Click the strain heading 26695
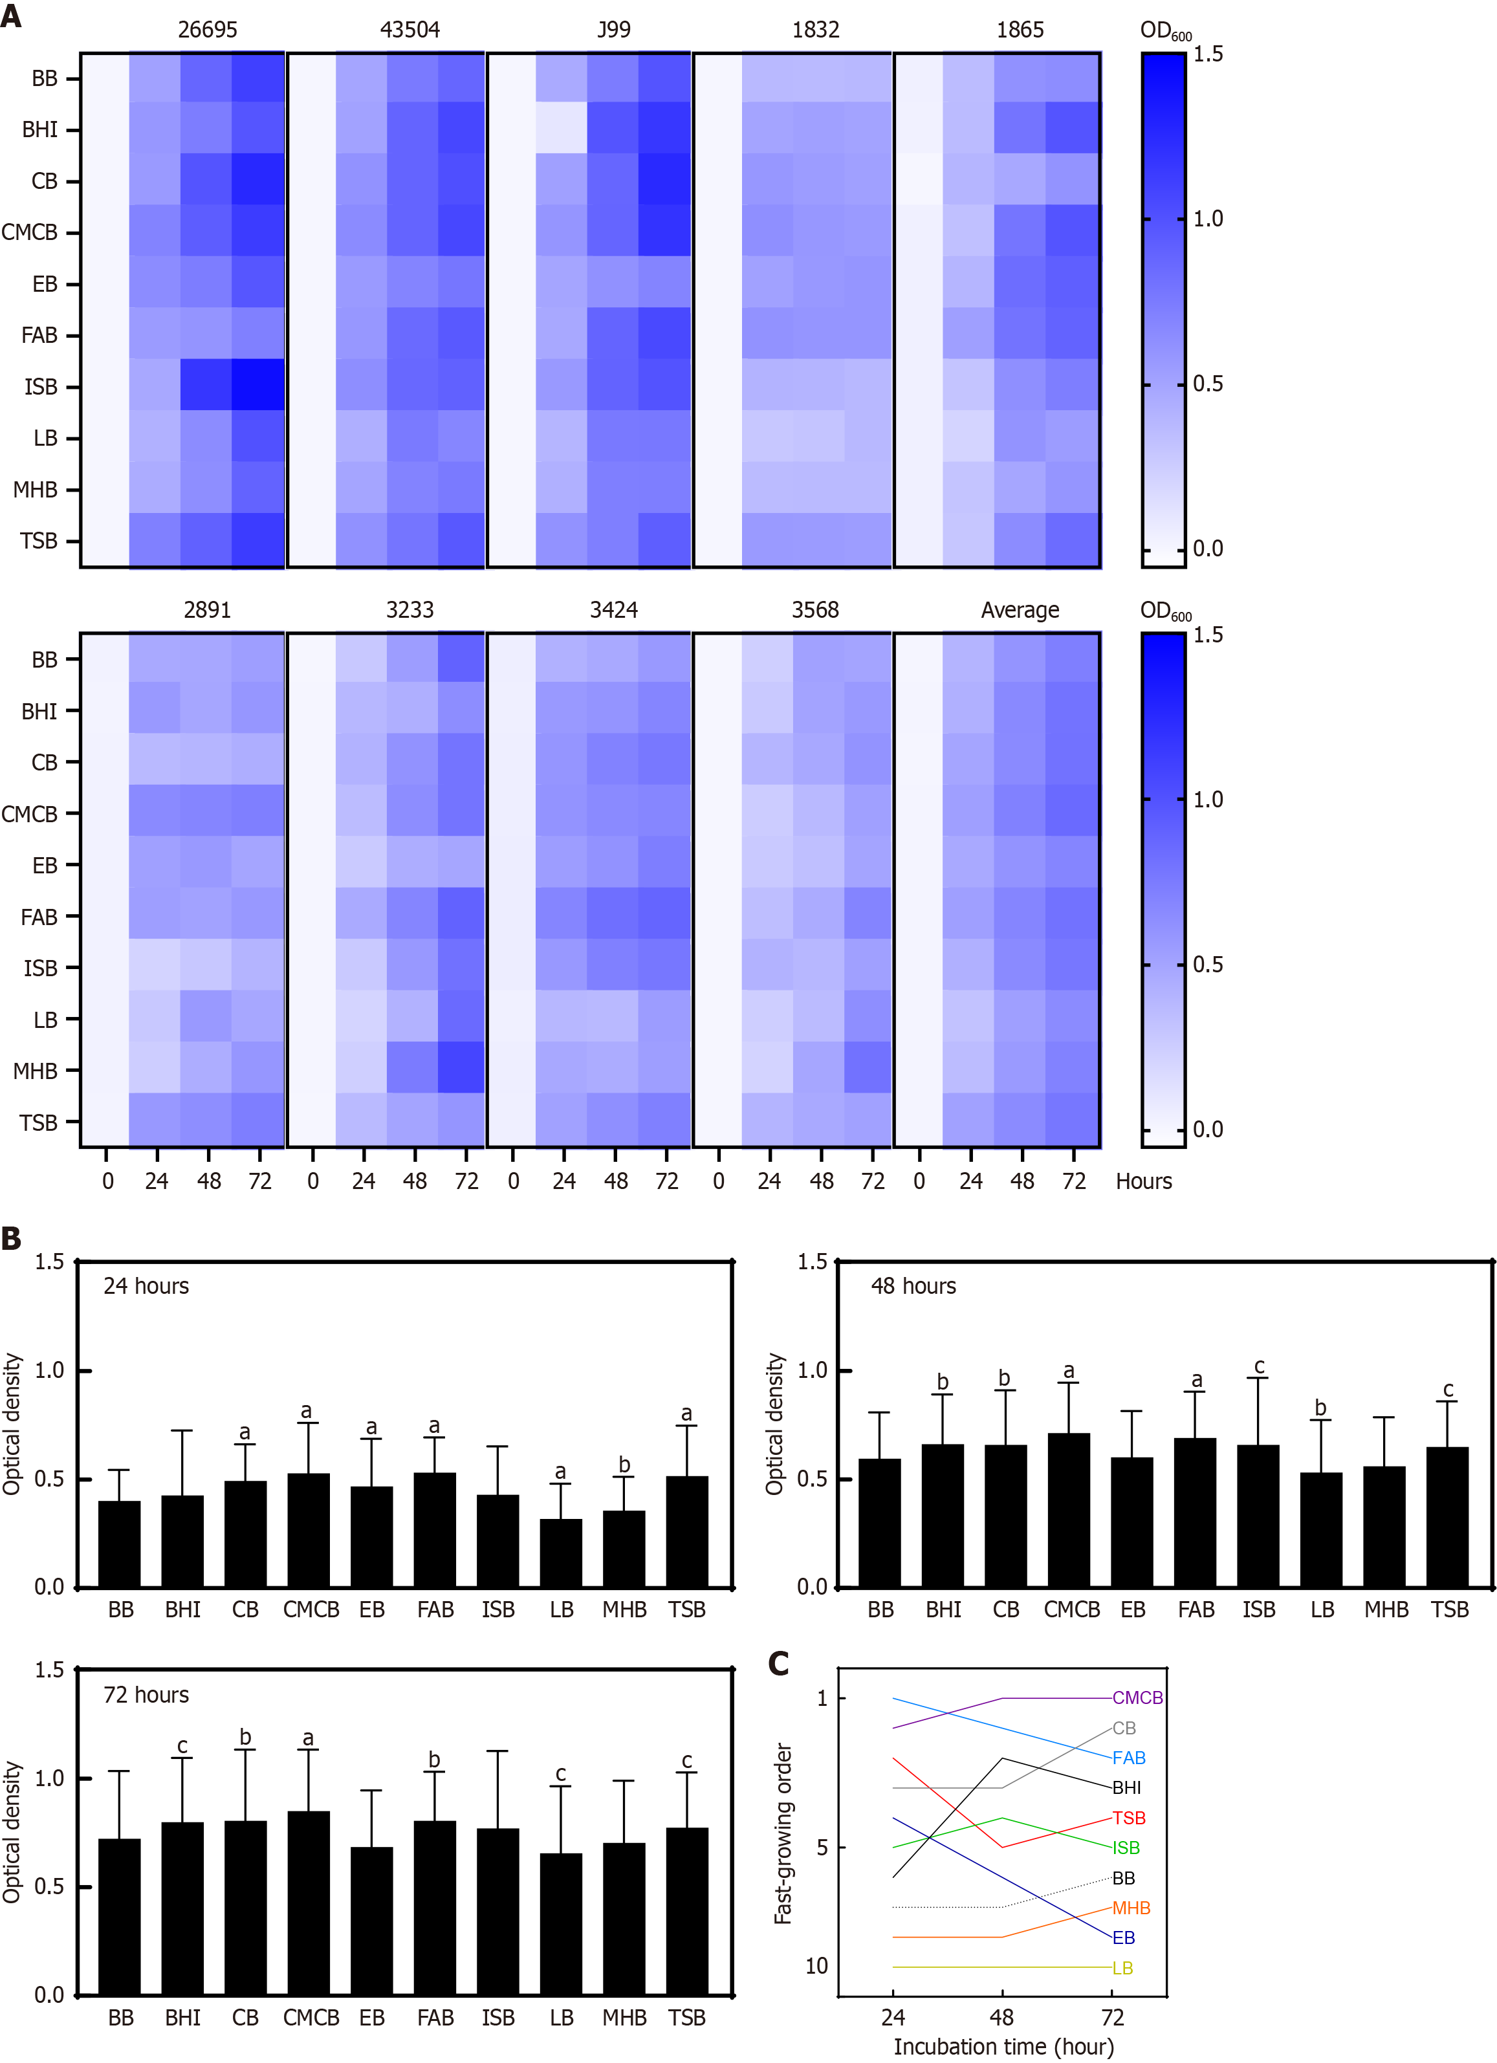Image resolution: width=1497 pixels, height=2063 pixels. pyautogui.click(x=208, y=30)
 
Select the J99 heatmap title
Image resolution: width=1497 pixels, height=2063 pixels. pyautogui.click(x=614, y=30)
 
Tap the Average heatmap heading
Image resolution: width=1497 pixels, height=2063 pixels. pyautogui.click(x=1020, y=610)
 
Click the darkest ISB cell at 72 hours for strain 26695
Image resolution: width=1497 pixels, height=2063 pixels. pyautogui.click(x=258, y=386)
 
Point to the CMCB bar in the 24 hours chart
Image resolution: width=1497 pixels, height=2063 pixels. pyautogui.click(x=309, y=1531)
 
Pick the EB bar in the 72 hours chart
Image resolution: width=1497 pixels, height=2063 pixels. pyautogui.click(x=371, y=1921)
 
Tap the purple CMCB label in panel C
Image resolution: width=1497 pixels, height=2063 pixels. pyautogui.click(x=1137, y=1698)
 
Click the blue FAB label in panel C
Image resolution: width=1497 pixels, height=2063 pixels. pyautogui.click(x=1129, y=1758)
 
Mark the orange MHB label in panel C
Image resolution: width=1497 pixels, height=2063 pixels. pyautogui.click(x=1131, y=1908)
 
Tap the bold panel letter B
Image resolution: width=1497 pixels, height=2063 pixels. pyautogui.click(x=11, y=1238)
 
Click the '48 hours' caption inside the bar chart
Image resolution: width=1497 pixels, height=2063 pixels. pyautogui.click(x=913, y=1286)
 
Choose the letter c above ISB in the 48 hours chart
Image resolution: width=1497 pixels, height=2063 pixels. pyautogui.click(x=1259, y=1366)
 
